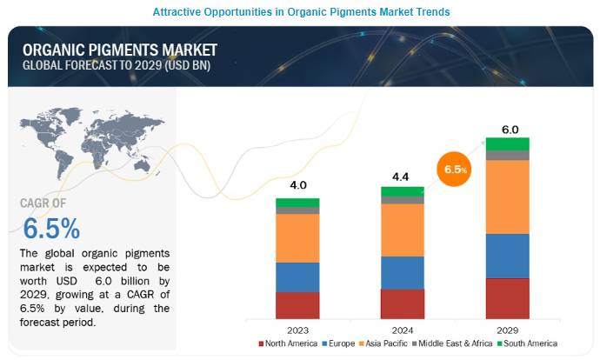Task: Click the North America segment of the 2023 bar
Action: tap(297, 305)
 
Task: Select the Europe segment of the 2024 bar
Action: tap(403, 272)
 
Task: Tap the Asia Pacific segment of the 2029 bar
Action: tap(508, 197)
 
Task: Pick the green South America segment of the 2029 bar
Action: tap(508, 143)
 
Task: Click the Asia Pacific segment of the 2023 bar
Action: tap(297, 237)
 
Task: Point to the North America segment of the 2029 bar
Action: tap(508, 298)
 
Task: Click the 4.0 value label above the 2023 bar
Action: tap(297, 185)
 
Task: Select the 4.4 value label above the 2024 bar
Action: tap(403, 177)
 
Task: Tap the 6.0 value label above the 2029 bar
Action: tap(508, 129)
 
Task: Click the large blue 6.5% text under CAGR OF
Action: tap(52, 228)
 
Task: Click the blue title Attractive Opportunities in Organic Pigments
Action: tap(300, 12)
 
